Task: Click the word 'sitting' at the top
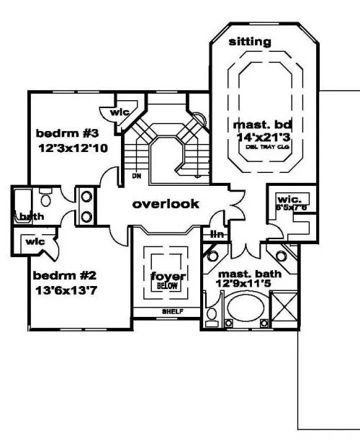(250, 42)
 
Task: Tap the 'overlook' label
(165, 204)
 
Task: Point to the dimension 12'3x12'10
(73, 148)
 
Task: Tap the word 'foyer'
(165, 277)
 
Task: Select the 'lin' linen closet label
(216, 234)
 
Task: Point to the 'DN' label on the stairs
(135, 174)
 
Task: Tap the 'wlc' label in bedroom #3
(118, 112)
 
